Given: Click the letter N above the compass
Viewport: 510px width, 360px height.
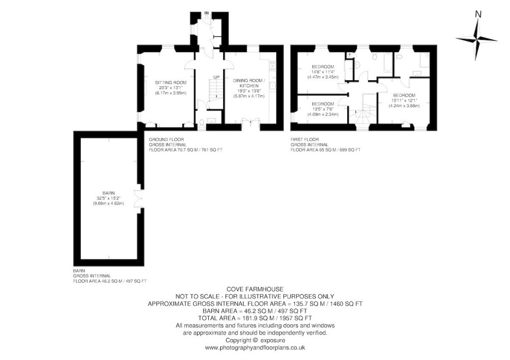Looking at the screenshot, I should point(478,14).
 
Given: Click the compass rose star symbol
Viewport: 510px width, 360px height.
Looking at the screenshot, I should point(477,40).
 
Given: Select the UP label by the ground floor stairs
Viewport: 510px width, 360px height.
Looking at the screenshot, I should point(216,77).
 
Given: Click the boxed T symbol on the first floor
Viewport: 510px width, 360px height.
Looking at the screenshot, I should point(350,55).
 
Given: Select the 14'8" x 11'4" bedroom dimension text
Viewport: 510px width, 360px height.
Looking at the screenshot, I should point(323,72).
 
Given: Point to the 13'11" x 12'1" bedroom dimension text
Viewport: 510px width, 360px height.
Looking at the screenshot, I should point(404,100).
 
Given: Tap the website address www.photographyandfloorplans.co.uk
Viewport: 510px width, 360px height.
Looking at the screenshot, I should point(255,348).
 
